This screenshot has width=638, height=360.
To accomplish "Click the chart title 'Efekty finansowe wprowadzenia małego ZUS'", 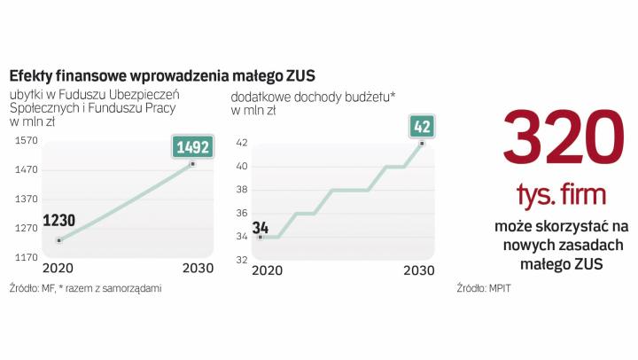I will (162, 74).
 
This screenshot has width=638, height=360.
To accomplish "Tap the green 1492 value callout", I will (192, 147).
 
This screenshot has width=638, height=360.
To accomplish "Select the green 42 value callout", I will (422, 126).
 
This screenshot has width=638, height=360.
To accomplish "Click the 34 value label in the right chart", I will (261, 224).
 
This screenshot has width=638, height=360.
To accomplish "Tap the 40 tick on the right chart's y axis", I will (241, 166).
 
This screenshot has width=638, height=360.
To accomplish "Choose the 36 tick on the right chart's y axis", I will (241, 213).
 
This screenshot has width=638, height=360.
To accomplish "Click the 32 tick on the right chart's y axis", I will (241, 260).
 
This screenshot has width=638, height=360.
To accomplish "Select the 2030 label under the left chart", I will (197, 269).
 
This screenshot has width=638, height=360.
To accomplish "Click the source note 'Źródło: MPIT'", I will (486, 288).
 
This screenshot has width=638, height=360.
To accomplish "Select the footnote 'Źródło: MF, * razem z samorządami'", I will (87, 288).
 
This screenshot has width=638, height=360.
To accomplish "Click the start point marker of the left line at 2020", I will (58, 240).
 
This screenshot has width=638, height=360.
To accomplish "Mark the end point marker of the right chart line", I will (423, 143).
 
